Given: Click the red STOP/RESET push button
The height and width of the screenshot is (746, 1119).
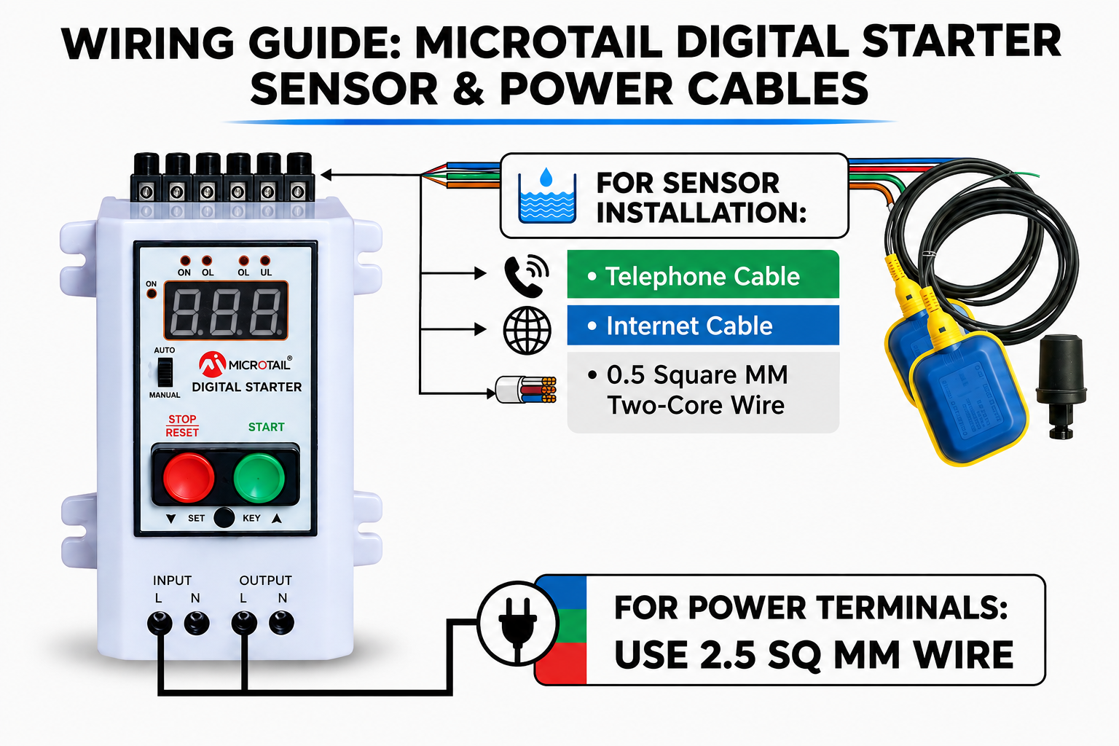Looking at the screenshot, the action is click(x=189, y=478).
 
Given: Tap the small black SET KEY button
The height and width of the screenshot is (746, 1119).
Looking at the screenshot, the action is click(x=224, y=518).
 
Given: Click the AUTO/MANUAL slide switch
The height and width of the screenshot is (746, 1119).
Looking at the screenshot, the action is click(x=165, y=372).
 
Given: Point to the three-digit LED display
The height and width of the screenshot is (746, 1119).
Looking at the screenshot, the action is click(x=226, y=310).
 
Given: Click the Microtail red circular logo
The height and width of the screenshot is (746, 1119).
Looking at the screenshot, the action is click(x=212, y=364).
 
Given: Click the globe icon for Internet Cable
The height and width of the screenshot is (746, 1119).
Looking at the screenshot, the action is click(x=527, y=330).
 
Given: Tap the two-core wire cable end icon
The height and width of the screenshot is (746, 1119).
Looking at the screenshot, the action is click(x=526, y=390).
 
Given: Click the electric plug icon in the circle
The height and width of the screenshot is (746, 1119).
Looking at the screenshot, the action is click(x=517, y=624).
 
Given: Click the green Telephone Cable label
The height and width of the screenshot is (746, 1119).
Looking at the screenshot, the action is click(x=703, y=275).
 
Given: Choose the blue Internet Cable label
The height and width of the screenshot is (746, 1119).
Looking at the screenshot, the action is click(x=703, y=325).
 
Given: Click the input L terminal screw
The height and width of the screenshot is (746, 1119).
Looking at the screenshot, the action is click(x=160, y=623).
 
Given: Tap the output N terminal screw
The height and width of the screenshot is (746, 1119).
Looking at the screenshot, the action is click(x=281, y=623).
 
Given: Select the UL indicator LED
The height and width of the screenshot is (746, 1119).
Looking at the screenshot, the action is click(x=265, y=260).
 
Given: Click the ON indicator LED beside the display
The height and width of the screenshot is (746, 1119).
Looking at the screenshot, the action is click(x=152, y=294).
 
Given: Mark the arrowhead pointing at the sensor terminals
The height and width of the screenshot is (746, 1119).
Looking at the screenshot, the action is click(x=326, y=175).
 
